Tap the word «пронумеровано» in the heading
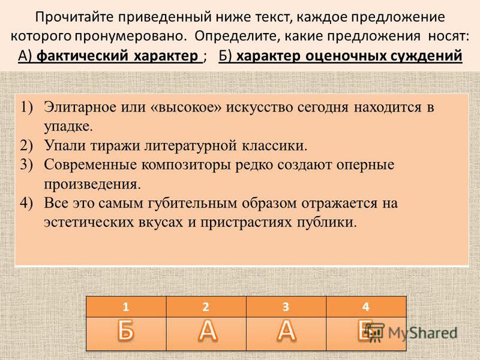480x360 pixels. (x=131, y=36)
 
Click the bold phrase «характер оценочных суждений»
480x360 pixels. (x=349, y=56)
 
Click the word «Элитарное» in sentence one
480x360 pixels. (x=80, y=107)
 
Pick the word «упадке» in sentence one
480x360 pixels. (x=68, y=127)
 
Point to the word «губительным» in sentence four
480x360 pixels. (x=192, y=203)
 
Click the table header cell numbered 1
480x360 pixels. (x=126, y=307)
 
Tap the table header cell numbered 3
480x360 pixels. (x=286, y=307)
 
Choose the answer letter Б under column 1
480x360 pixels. (x=125, y=331)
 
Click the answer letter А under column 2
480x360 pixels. (x=208, y=331)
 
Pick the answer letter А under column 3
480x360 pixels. (x=287, y=331)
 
